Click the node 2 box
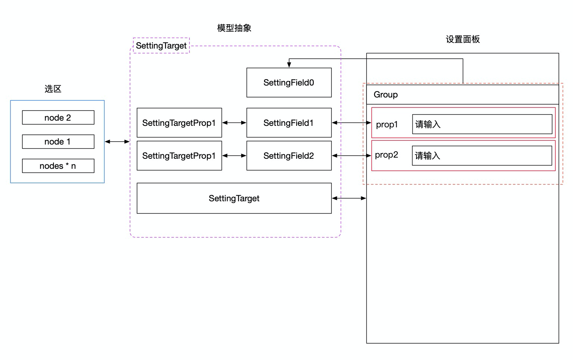[x=58, y=118]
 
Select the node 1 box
[x=58, y=142]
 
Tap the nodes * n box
[x=58, y=166]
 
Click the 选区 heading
[x=53, y=89]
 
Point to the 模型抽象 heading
[x=234, y=28]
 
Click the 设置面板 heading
[x=463, y=39]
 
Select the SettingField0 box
[x=289, y=83]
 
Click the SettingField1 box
[x=289, y=123]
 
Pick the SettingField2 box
[x=289, y=156]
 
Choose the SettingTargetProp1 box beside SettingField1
[x=179, y=123]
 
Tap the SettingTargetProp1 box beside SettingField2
[x=179, y=156]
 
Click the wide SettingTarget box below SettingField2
[x=234, y=198]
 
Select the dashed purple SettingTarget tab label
[x=161, y=46]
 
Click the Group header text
[x=386, y=94]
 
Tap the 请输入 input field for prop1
[x=482, y=124]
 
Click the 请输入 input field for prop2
[x=482, y=155]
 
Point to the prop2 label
[x=387, y=155]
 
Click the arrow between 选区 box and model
[x=117, y=142]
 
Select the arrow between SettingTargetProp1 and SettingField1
[x=234, y=122]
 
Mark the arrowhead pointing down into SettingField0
[x=289, y=65]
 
